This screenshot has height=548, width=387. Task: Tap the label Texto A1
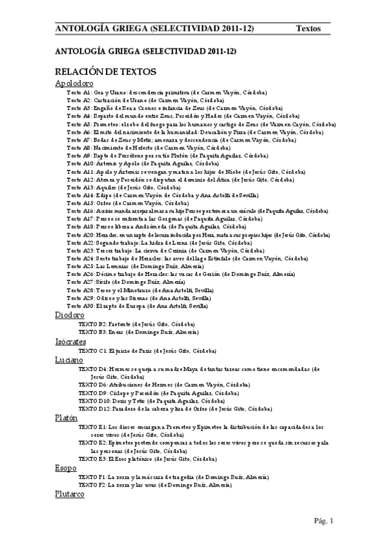coord(79,93)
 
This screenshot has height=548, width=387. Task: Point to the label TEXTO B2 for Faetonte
coord(92,323)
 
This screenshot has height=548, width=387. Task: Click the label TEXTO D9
coord(92,392)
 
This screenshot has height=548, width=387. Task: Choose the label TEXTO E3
coord(92,458)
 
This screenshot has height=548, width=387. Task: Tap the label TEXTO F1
coord(92,477)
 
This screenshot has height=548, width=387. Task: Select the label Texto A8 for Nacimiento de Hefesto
coord(79,148)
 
